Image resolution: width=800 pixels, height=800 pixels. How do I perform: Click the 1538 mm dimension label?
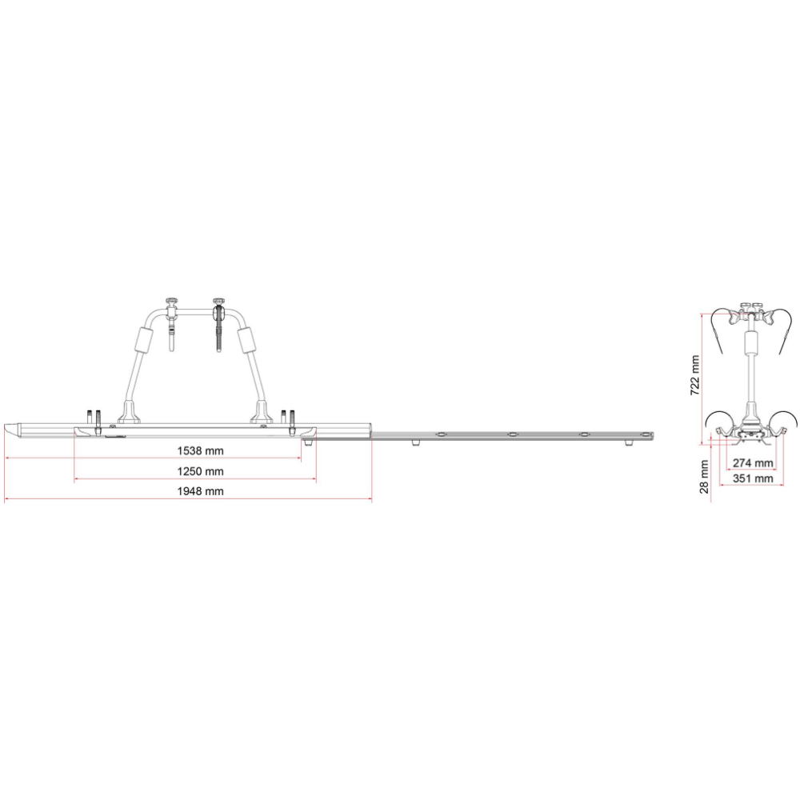200,450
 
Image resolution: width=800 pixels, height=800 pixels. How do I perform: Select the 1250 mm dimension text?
200,471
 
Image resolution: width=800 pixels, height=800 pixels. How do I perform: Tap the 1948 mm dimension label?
200,491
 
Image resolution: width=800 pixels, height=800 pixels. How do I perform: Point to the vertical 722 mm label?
694,375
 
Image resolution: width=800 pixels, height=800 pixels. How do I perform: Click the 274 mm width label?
753,462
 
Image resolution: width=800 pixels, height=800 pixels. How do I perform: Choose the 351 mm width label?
753,478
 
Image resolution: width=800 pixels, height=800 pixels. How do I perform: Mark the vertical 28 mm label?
704,477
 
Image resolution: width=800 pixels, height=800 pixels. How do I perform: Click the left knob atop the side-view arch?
170,302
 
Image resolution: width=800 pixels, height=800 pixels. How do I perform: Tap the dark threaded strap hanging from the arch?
218,329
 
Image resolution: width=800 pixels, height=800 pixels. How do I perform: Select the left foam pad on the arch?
143,340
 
